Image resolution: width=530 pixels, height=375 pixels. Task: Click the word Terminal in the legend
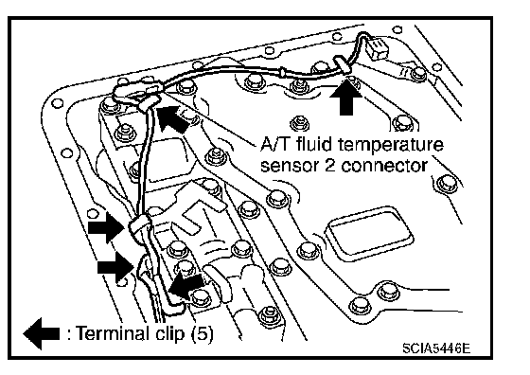[112, 333]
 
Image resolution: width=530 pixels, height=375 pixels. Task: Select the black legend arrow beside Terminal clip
[42, 333]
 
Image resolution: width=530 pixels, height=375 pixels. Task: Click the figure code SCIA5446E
[436, 348]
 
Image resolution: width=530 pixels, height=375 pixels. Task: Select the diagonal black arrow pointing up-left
[173, 119]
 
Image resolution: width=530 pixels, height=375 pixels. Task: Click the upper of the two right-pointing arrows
[106, 227]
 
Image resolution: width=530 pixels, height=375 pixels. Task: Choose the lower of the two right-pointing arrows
[115, 267]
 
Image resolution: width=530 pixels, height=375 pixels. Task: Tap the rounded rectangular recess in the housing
[368, 233]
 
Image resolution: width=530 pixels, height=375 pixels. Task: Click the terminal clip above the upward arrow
[342, 65]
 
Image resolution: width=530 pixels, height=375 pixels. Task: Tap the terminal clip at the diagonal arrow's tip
[149, 103]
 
